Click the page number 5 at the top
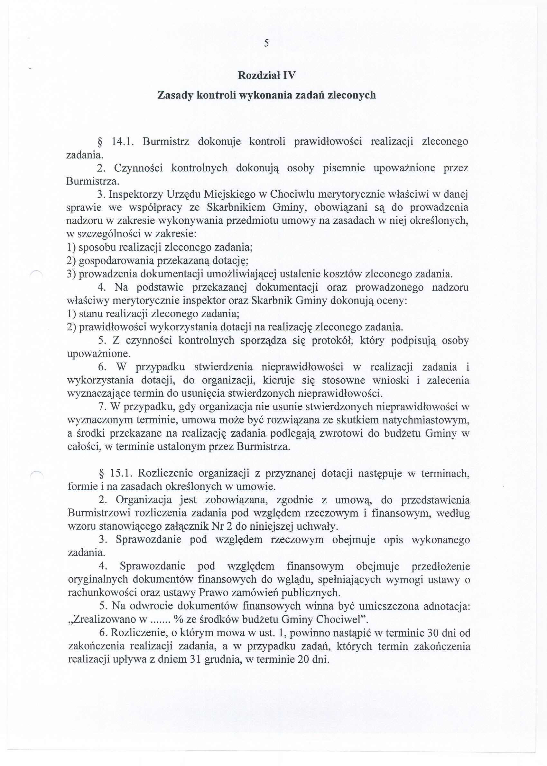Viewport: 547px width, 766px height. click(x=266, y=43)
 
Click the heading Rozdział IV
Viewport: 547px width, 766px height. click(x=266, y=75)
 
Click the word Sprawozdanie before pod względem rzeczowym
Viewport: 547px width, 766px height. click(x=148, y=540)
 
